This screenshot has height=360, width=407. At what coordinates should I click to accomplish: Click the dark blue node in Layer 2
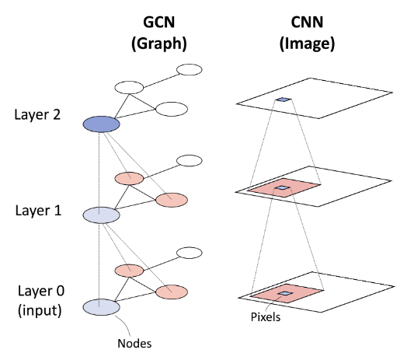click(101, 124)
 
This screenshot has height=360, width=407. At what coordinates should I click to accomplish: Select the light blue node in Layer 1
click(101, 215)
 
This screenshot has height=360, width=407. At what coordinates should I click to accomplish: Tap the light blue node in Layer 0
click(101, 308)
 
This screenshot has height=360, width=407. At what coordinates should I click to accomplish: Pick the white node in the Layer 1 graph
click(190, 161)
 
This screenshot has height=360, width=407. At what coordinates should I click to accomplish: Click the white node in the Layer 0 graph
click(190, 253)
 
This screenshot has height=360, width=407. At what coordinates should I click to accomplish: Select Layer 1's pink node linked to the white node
click(129, 178)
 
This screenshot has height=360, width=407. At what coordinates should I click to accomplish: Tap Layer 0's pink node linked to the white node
click(129, 271)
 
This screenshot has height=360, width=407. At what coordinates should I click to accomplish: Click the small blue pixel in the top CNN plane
click(284, 100)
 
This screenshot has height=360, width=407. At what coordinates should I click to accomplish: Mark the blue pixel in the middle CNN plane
click(284, 189)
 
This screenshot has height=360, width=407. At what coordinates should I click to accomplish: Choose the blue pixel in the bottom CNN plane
click(285, 293)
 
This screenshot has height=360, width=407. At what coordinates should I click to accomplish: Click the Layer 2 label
click(39, 115)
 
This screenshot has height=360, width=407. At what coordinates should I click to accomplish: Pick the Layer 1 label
click(39, 211)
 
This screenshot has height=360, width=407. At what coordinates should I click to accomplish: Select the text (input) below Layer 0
click(39, 310)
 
